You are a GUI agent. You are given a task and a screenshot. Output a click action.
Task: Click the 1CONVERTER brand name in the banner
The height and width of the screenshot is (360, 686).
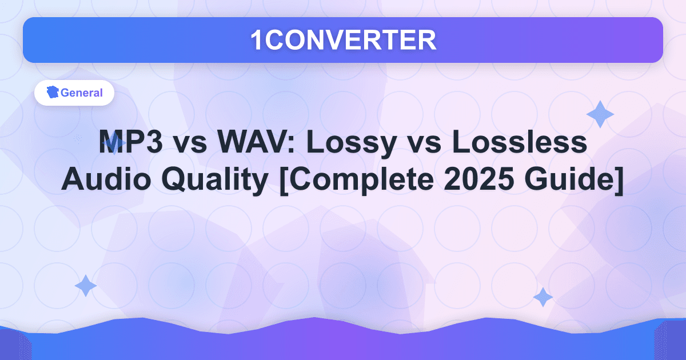(343, 40)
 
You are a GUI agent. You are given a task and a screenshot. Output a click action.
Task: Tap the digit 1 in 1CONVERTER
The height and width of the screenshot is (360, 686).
(257, 40)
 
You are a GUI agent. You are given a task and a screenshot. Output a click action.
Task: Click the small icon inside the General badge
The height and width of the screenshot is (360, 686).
(53, 93)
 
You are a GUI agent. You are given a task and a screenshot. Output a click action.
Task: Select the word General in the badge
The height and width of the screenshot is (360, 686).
(81, 93)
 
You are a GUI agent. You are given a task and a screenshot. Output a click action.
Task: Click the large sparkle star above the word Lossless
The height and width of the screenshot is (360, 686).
(600, 114)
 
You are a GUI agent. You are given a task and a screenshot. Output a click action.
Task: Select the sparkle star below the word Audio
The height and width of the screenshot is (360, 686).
(86, 286)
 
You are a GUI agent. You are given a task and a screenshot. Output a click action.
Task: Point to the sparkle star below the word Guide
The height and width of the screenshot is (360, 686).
(543, 297)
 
